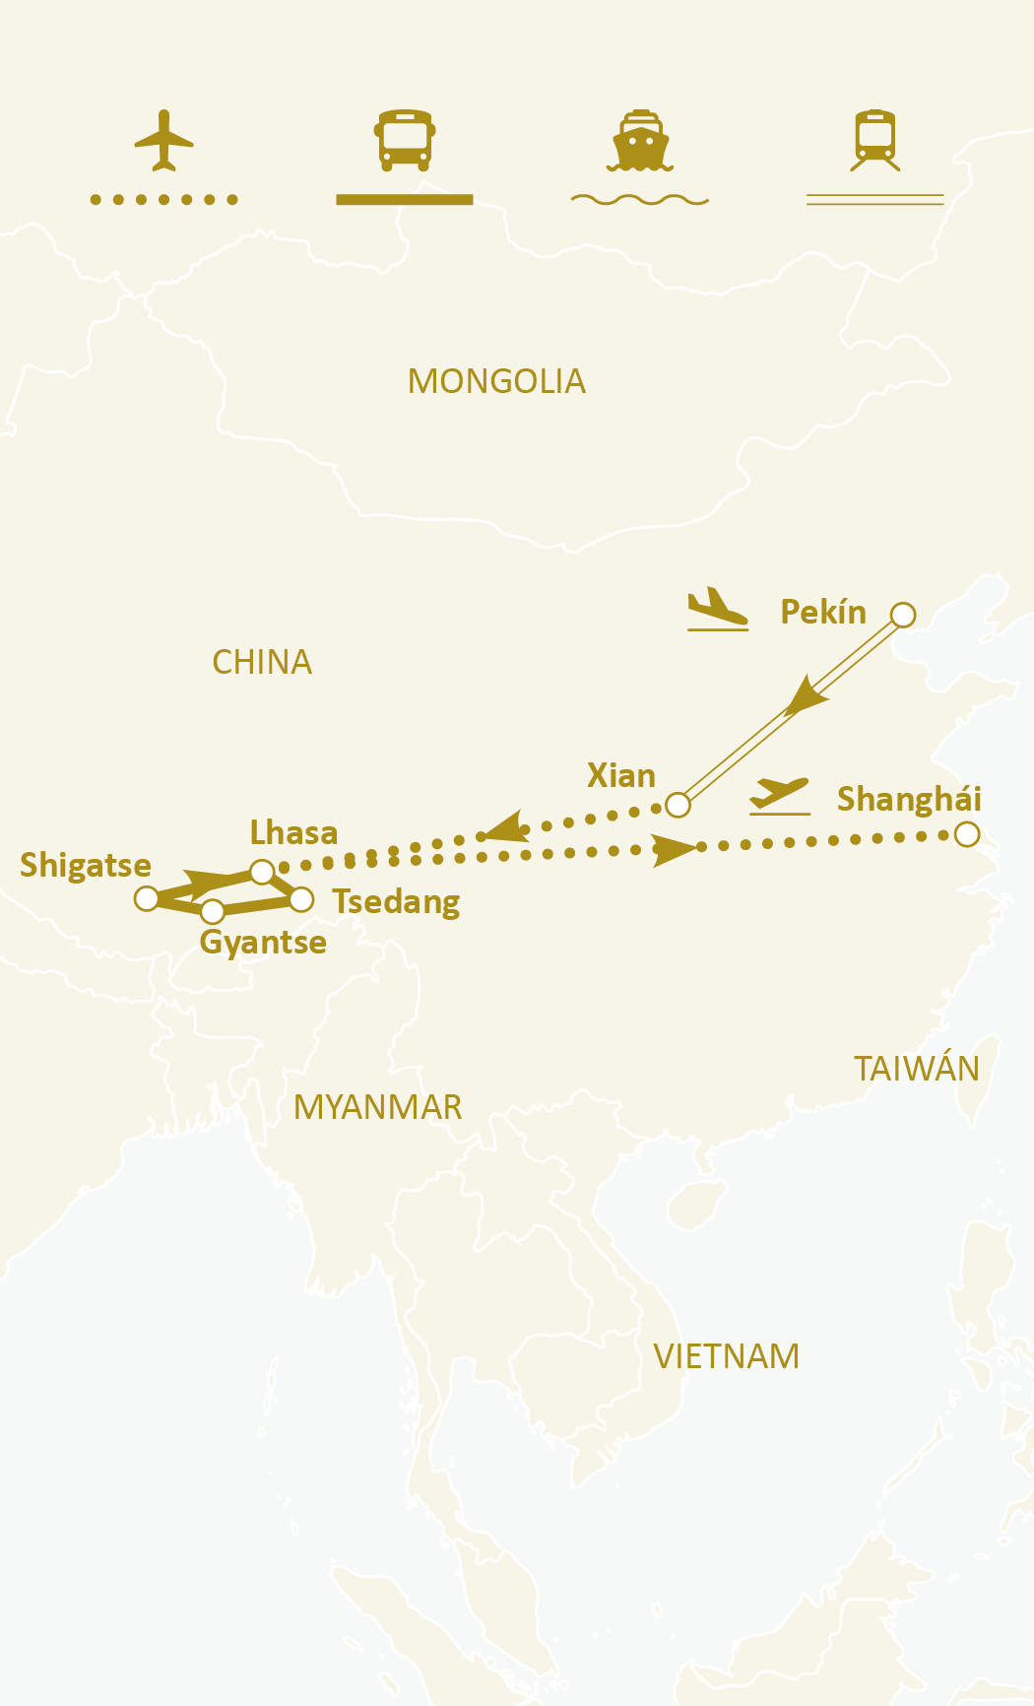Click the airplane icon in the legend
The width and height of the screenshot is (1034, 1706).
[163, 140]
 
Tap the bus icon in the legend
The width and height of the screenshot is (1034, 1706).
[404, 140]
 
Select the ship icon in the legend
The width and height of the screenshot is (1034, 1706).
[640, 141]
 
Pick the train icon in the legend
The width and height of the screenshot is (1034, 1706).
[875, 140]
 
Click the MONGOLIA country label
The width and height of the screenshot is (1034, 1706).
[496, 381]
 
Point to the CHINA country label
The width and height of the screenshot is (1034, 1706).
[262, 662]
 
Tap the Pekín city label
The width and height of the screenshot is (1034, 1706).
[823, 612]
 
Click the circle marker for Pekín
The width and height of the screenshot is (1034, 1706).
[903, 616]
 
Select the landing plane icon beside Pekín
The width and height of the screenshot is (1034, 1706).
[717, 608]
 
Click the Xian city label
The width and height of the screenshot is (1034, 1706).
[621, 775]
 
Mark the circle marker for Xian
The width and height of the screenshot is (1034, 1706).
[678, 805]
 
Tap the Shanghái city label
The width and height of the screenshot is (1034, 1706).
[909, 799]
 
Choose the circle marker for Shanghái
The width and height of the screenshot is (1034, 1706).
[967, 834]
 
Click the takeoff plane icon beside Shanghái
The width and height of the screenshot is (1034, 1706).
[779, 795]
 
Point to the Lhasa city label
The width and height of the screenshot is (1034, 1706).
[293, 832]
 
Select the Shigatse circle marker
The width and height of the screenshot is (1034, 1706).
[147, 898]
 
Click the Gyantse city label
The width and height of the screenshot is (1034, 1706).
[263, 942]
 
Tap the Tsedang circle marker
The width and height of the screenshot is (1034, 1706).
[301, 898]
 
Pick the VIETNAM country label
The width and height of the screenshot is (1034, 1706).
[727, 1356]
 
